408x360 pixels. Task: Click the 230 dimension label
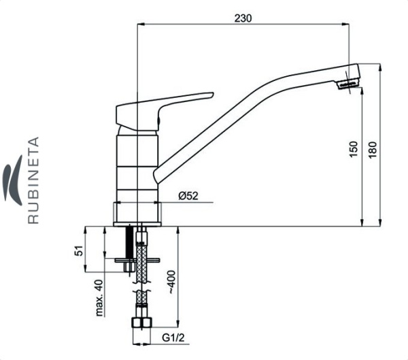click(243, 18)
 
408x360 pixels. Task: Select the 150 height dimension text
click(354, 149)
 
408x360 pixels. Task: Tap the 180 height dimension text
click(373, 149)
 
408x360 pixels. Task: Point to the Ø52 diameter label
click(188, 195)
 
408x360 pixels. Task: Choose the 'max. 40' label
click(99, 298)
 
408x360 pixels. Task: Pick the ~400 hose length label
click(172, 282)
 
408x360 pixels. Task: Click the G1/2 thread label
click(173, 338)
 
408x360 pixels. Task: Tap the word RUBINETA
click(33, 180)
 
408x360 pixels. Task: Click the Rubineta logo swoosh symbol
click(12, 180)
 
